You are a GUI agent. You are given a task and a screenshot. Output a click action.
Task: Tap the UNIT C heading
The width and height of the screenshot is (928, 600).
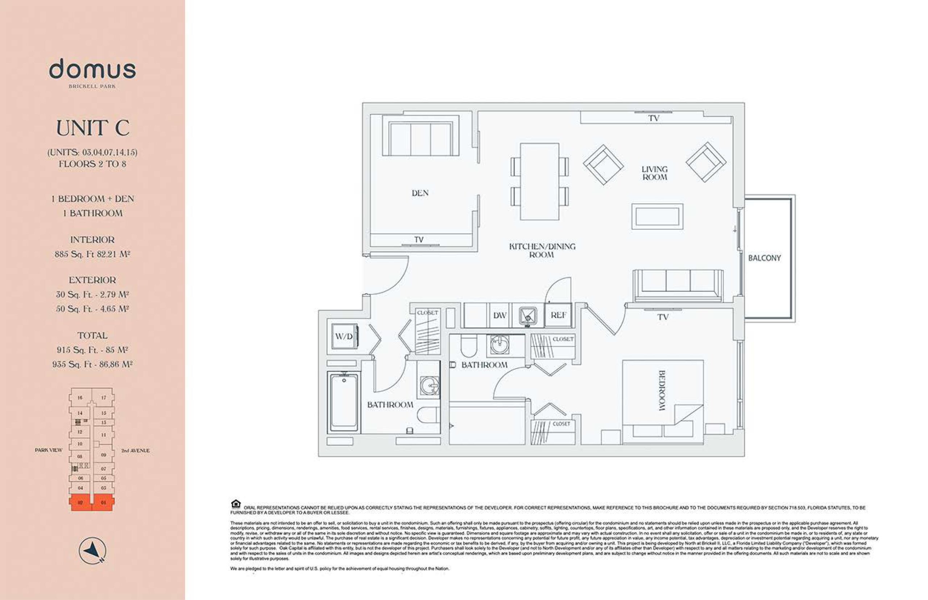coord(92,128)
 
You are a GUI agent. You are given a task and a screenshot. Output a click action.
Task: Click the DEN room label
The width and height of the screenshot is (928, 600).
coord(420,193)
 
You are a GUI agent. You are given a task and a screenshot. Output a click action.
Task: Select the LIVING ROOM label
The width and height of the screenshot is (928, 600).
coord(654,173)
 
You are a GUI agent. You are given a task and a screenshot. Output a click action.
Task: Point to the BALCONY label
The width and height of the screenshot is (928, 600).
coord(764,258)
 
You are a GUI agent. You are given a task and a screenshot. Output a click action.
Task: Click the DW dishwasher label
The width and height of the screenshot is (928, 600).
coord(500,316)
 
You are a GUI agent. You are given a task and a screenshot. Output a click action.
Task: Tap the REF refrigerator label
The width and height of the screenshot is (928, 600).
coord(558,315)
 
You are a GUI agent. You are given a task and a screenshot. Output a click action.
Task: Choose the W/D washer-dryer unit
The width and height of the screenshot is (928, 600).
coord(343,336)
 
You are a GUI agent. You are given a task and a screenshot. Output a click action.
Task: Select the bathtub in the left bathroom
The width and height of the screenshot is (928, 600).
coord(343,402)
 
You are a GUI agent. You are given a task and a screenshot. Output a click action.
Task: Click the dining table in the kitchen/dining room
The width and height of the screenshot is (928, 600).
coord(539,181)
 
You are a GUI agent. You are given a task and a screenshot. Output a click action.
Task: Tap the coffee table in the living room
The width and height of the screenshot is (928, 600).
coord(657,216)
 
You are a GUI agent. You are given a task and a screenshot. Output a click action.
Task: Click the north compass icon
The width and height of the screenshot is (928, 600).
coord(92,550)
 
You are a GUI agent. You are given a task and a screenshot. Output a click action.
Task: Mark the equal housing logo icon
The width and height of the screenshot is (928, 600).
coord(235,504)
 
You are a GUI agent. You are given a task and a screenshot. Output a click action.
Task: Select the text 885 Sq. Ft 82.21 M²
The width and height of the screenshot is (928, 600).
coord(92,254)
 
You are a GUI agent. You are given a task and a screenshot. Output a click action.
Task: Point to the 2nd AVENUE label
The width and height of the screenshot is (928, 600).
coord(135,450)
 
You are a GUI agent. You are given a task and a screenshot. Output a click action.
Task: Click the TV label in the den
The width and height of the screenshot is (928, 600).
coord(419,239)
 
